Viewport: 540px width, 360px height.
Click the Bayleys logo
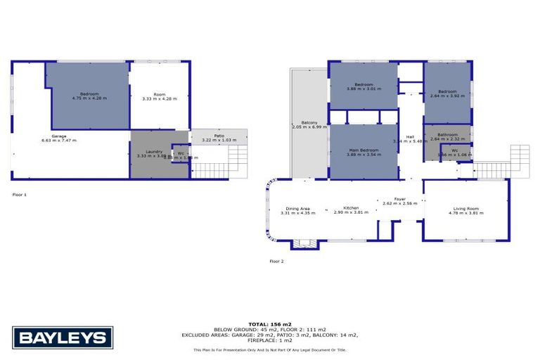tap(63, 337)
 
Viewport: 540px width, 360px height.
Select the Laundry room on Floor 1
tap(155, 153)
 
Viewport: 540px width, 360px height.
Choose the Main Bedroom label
tap(364, 150)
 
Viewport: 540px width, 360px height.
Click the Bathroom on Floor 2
tap(447, 134)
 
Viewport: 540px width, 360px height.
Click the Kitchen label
tap(351, 208)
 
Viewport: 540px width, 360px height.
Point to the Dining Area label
tap(295, 208)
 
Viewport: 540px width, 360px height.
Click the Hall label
tap(410, 136)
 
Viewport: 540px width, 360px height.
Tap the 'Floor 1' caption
tap(19, 194)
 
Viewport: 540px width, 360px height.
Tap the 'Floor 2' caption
tap(276, 261)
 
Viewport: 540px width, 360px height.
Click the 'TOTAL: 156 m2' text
tap(270, 323)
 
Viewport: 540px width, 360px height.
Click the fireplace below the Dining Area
tap(304, 243)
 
